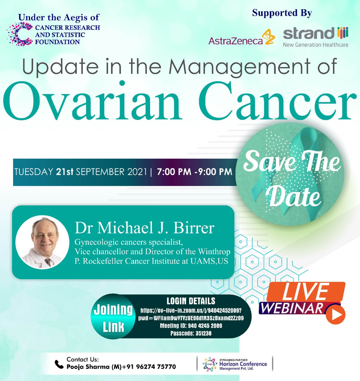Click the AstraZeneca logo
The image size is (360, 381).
pos(242,37)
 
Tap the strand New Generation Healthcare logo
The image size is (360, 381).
pos(316,37)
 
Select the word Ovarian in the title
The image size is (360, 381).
pos(93,100)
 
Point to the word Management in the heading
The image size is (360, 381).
pos(239,67)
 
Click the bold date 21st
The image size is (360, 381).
pos(65,172)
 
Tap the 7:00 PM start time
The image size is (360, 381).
pos(174,172)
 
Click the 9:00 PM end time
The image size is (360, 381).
pos(215,172)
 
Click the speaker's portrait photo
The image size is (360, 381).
pos(42,242)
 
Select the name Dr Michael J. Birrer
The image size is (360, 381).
pos(145,228)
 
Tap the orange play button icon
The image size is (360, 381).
pos(335,315)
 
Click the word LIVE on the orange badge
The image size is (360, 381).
pos(306,291)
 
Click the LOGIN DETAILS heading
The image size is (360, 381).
pos(191,301)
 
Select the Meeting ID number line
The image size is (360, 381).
pos(191,326)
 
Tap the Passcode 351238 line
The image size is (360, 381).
pos(191,333)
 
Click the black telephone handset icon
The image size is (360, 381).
pos(59,364)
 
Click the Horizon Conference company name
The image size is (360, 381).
pos(243,364)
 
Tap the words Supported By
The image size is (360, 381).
pos(282,13)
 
